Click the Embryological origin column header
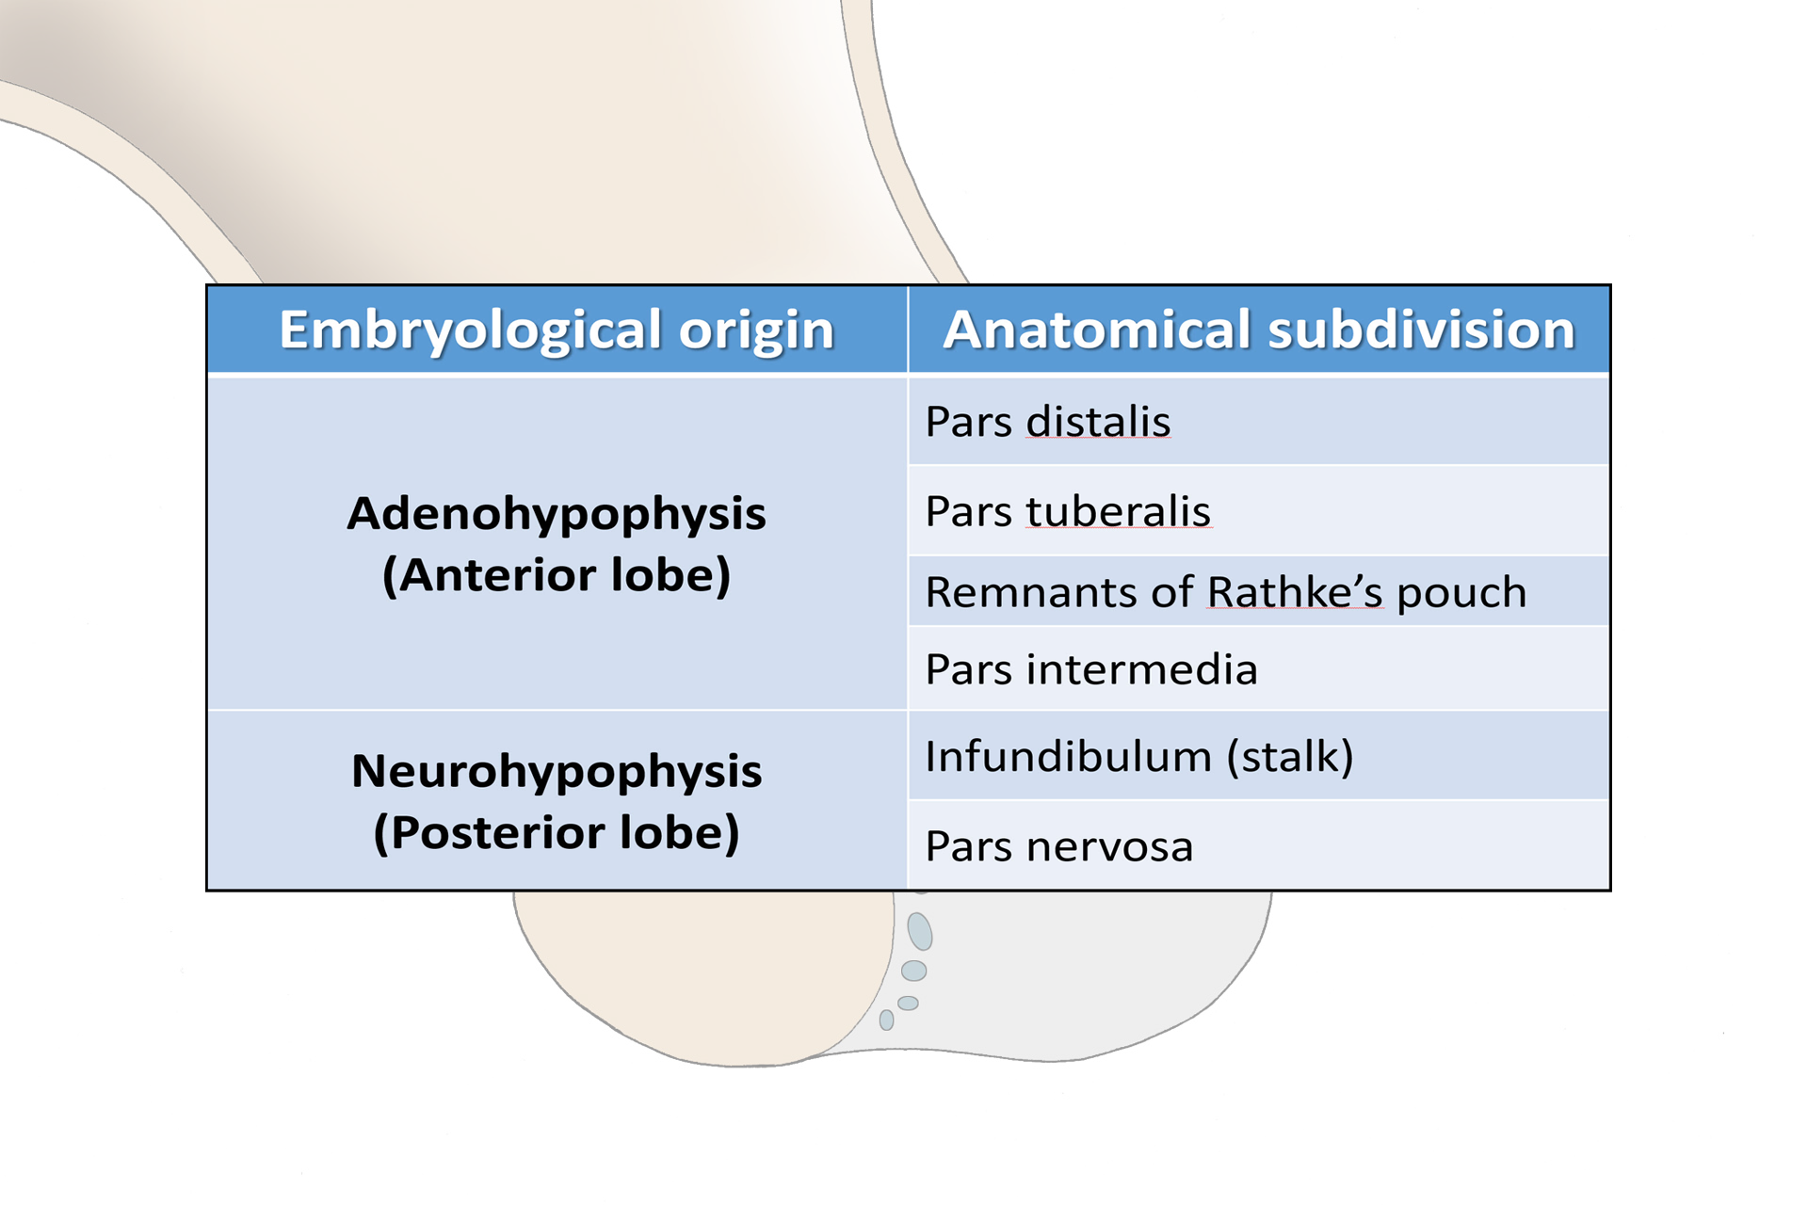(x=557, y=329)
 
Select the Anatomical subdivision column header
(x=1259, y=329)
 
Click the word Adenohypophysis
(x=557, y=514)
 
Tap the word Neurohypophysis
(x=557, y=771)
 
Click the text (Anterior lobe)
(x=557, y=575)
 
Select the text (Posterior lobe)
(x=557, y=832)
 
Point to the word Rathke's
(x=1295, y=592)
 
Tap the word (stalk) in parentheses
(x=1289, y=756)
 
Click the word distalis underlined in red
(x=1098, y=421)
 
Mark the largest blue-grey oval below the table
(x=919, y=931)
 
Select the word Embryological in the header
(x=471, y=330)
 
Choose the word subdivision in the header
(x=1421, y=329)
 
